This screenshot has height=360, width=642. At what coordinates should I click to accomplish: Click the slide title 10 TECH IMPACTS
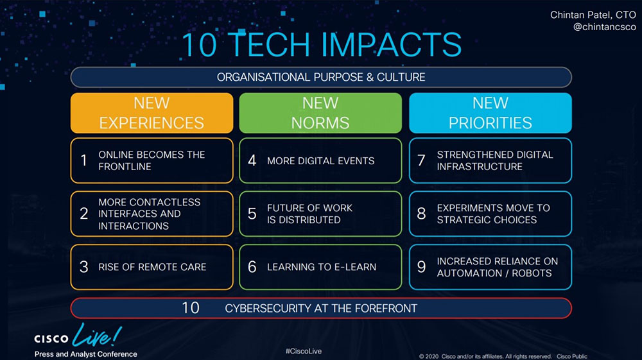(x=322, y=44)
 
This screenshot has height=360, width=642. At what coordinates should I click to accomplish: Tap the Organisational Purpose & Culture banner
(x=321, y=77)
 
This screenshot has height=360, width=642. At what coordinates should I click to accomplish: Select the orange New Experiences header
(x=152, y=113)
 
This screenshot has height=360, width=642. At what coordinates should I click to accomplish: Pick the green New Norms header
(x=320, y=113)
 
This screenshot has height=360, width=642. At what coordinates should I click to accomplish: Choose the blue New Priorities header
(x=490, y=113)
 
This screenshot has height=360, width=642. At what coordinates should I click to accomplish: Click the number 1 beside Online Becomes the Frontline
(x=84, y=160)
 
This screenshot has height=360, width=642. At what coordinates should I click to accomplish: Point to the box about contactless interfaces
(x=152, y=214)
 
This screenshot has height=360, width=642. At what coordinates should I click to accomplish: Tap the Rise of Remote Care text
(x=152, y=267)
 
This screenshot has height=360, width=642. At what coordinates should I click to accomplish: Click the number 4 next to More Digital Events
(x=252, y=160)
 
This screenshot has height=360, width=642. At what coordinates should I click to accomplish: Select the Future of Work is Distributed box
(x=320, y=214)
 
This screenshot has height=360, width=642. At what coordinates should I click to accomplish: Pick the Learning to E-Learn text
(x=322, y=267)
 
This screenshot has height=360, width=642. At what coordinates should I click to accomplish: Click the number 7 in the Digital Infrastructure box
(x=421, y=160)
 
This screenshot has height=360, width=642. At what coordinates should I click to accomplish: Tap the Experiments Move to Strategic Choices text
(x=493, y=214)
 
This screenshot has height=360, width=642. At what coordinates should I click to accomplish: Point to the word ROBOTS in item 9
(x=532, y=273)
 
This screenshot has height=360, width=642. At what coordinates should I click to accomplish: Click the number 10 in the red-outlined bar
(x=191, y=308)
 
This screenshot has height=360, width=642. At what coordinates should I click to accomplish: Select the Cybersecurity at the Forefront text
(x=321, y=308)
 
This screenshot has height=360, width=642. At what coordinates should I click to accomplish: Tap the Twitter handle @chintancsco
(x=604, y=27)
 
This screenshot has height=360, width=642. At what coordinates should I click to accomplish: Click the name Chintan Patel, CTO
(x=593, y=15)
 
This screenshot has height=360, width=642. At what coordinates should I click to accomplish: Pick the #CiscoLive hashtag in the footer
(x=304, y=351)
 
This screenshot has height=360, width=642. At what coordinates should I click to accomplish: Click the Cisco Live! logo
(x=78, y=336)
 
